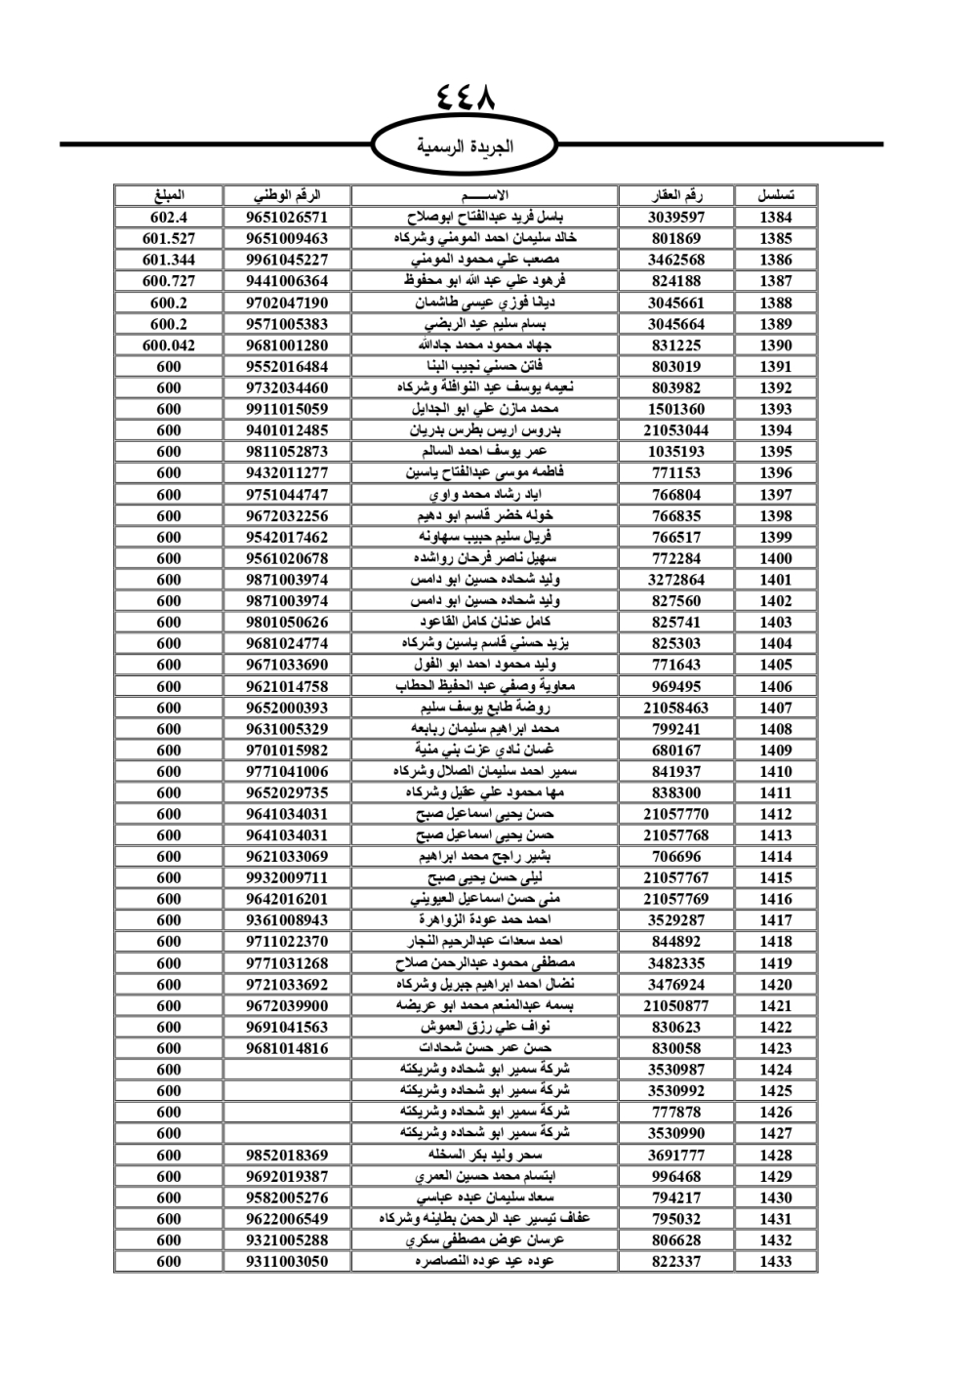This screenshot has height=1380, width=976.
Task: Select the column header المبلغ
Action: click(169, 195)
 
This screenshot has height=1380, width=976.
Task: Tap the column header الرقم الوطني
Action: click(287, 195)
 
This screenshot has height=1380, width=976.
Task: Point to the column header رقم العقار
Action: click(676, 195)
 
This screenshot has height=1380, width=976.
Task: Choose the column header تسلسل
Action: click(776, 195)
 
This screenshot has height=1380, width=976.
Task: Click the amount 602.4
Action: click(169, 218)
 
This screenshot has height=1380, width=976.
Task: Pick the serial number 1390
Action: click(776, 345)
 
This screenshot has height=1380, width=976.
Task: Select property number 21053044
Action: click(676, 430)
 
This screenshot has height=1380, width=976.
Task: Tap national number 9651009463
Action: click(287, 238)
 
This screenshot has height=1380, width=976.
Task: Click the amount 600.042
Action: click(169, 345)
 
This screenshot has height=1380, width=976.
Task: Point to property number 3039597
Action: click(676, 218)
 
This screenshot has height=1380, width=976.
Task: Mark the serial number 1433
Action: click(776, 1261)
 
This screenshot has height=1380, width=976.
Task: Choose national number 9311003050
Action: click(287, 1261)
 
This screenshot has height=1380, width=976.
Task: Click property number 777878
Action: click(676, 1112)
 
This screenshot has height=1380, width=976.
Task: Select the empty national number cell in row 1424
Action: click(287, 1070)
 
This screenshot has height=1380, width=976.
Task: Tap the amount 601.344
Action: click(169, 260)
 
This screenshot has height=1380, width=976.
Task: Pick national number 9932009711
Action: click(287, 877)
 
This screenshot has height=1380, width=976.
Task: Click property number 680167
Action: click(676, 750)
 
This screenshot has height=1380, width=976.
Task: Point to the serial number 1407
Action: click(776, 708)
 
